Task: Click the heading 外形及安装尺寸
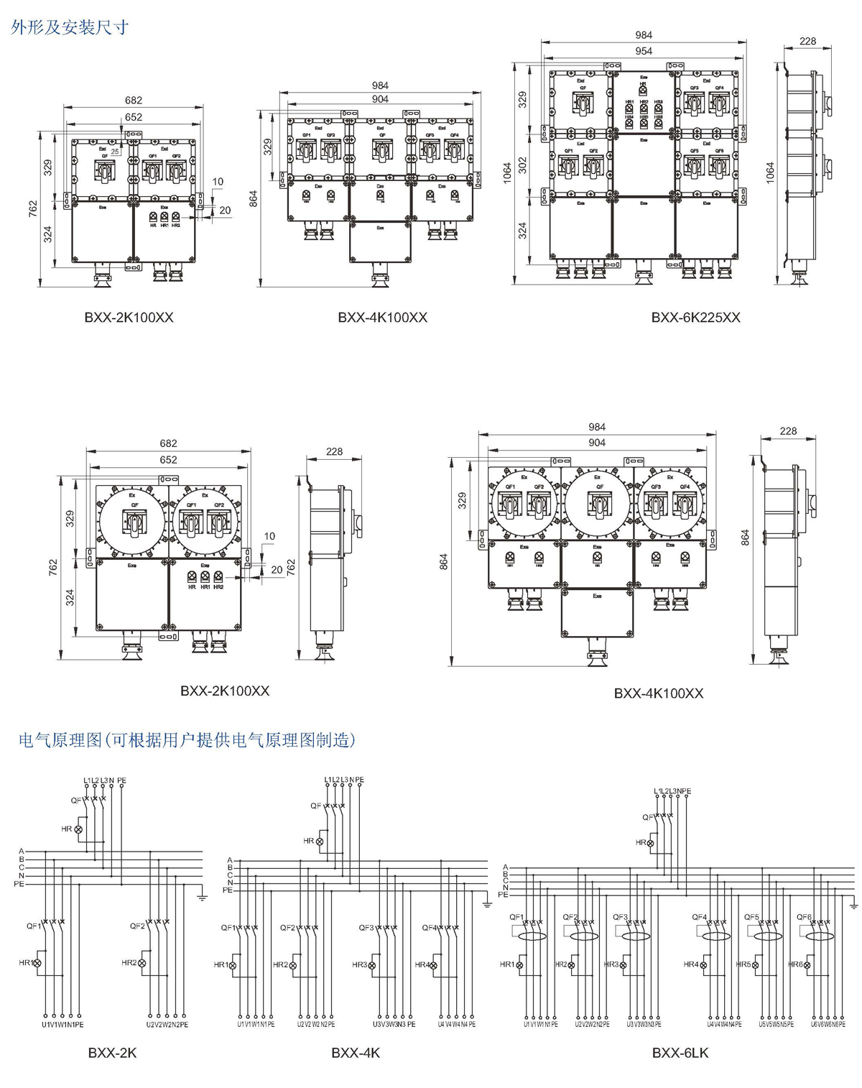[x=70, y=27]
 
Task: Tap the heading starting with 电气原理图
[x=187, y=739]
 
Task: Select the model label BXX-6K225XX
[x=695, y=317]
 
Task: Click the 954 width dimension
[x=644, y=51]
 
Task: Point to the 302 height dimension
[x=523, y=165]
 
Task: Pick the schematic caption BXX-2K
[x=112, y=1053]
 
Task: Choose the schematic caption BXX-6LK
[x=680, y=1053]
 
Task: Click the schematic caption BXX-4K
[x=356, y=1053]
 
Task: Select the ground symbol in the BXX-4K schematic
[x=486, y=903]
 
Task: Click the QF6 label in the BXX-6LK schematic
[x=804, y=917]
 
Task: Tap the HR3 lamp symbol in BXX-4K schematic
[x=372, y=966]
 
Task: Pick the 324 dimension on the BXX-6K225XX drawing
[x=523, y=230]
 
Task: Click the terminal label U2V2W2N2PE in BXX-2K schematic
[x=167, y=1024]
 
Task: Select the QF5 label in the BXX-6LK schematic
[x=751, y=917]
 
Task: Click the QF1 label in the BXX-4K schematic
[x=228, y=928]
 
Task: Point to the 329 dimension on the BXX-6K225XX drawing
[x=523, y=99]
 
